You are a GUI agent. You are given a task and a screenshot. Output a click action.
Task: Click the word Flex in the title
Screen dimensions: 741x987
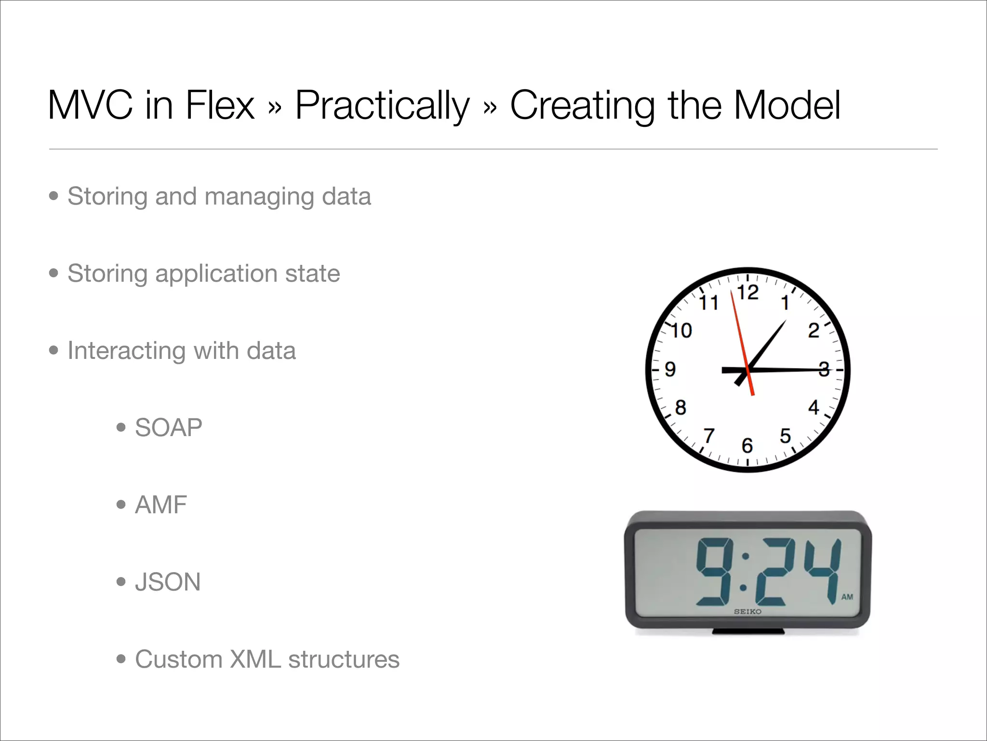[x=220, y=105]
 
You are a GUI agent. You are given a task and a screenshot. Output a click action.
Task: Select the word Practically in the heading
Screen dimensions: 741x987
[x=382, y=106]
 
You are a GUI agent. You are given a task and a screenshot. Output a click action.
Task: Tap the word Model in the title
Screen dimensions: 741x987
[x=787, y=105]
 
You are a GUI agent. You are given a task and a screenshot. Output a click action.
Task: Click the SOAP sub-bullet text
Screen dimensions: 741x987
[x=168, y=427]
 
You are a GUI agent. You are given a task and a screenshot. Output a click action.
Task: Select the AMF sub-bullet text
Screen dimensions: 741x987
[x=160, y=505]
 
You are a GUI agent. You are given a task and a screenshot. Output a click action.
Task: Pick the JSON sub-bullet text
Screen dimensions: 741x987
[x=168, y=582]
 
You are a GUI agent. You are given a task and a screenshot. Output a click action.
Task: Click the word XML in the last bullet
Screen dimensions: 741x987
[x=255, y=659]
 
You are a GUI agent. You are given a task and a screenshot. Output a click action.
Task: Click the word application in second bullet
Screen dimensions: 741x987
[x=216, y=274]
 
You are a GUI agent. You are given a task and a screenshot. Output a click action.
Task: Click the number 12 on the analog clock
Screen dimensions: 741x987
[x=747, y=292]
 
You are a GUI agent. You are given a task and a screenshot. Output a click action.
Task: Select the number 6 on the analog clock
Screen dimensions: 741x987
[x=747, y=445]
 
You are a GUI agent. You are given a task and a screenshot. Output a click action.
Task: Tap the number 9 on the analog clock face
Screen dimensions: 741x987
[x=670, y=370]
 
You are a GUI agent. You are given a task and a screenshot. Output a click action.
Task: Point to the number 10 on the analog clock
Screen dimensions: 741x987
[x=681, y=331]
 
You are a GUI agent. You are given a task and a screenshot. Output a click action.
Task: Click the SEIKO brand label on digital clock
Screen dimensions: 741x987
[x=747, y=612]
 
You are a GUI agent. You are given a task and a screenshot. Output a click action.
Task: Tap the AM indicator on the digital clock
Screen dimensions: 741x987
[x=847, y=597]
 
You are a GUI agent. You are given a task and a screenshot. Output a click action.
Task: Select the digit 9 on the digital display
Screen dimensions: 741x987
[x=715, y=572]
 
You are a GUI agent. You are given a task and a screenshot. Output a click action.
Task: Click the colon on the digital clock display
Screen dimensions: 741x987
[x=745, y=572]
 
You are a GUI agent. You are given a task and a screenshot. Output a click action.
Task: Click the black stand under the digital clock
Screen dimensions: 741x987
[x=748, y=631]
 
